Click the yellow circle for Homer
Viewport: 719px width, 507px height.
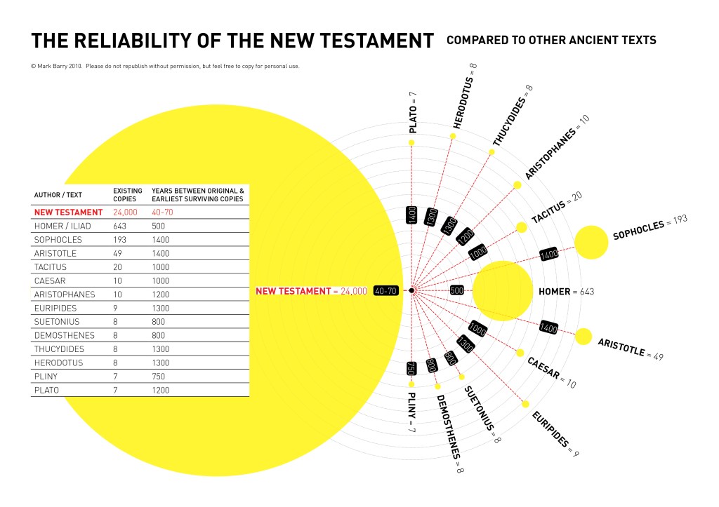(503, 290)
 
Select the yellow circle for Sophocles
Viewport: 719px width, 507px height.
(591, 242)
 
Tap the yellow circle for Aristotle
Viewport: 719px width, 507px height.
(583, 337)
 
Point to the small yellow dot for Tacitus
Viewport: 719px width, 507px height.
(521, 227)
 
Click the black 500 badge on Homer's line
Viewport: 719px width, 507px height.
(457, 290)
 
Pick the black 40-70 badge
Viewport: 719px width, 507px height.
(386, 290)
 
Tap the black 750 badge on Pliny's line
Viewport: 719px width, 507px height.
(412, 368)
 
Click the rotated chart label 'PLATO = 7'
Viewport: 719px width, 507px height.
(414, 111)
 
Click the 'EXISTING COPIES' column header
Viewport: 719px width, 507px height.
(128, 194)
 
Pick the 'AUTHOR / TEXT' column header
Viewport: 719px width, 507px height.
(55, 195)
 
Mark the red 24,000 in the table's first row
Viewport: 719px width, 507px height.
(125, 211)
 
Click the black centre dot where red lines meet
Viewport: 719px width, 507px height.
(412, 290)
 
